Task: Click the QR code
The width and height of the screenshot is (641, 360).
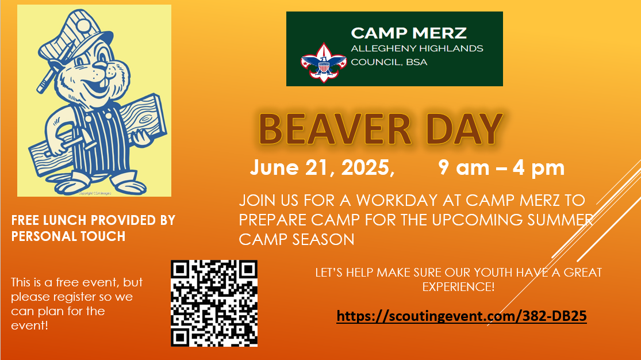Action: (x=214, y=303)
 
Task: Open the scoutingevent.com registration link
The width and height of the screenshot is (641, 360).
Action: (x=461, y=316)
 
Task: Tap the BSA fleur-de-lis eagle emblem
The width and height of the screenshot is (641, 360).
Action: (x=323, y=61)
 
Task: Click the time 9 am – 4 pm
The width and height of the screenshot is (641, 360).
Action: (x=501, y=168)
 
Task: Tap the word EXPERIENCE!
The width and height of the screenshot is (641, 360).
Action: (x=458, y=286)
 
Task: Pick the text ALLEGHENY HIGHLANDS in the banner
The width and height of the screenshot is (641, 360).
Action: (x=417, y=49)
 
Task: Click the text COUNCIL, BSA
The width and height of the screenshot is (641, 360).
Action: (x=389, y=62)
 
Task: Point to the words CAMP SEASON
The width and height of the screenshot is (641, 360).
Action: (x=297, y=239)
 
